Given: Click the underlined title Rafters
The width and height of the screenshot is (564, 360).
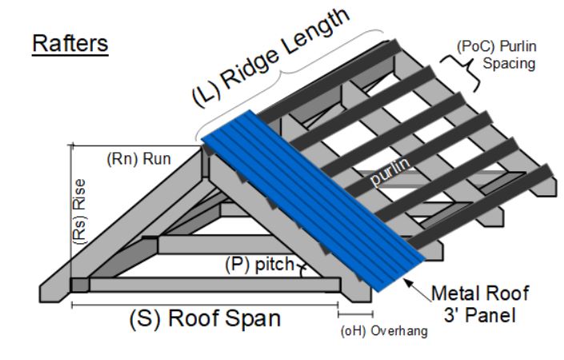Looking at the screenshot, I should tap(70, 43).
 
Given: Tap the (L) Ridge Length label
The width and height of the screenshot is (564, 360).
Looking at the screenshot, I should tap(272, 55).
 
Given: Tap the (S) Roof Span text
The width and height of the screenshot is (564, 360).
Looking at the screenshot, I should tap(205, 318).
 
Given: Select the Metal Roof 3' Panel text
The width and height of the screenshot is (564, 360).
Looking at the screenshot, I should tap(477, 303).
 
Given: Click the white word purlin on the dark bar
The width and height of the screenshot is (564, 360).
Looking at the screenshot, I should tap(390, 174).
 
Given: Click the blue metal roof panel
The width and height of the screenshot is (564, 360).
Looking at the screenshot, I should tap(312, 200).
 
